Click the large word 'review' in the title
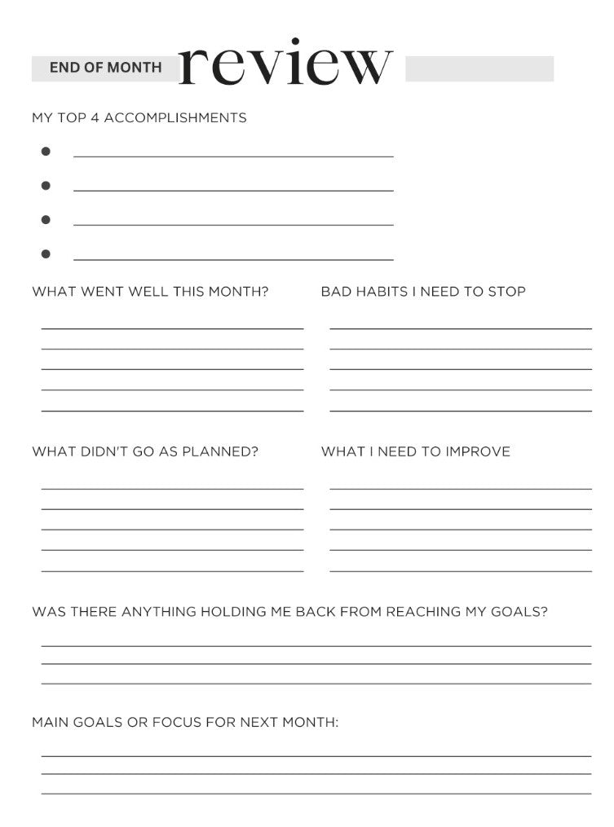(285, 64)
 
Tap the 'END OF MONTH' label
(105, 68)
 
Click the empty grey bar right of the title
(479, 68)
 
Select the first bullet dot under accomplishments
(46, 152)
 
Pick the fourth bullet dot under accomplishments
(46, 254)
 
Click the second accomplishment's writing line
(233, 191)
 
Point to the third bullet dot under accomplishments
(46, 220)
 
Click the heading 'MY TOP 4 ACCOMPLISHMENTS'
(139, 118)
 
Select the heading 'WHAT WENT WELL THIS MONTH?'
(150, 292)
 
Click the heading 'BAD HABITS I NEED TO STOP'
(423, 292)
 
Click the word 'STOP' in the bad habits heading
(506, 292)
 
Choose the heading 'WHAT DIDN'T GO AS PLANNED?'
(145, 451)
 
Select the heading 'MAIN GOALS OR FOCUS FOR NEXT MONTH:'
(185, 722)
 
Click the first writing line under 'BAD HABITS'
(461, 328)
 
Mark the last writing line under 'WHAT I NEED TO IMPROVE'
(461, 570)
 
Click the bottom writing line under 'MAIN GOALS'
(316, 793)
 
